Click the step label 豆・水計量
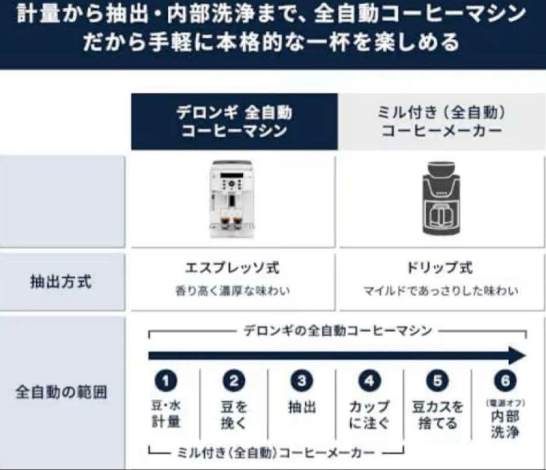166,414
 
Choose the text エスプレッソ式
232,268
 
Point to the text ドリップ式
440,268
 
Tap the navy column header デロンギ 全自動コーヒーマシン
234,122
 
